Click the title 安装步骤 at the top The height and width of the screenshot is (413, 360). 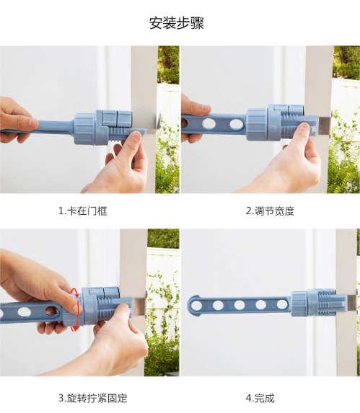(177, 23)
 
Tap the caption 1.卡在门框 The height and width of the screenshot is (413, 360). (83, 211)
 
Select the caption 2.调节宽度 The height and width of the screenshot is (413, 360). (270, 211)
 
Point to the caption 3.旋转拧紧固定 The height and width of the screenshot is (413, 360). (93, 398)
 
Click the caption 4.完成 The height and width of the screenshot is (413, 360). (260, 398)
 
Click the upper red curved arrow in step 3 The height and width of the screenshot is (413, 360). (74, 292)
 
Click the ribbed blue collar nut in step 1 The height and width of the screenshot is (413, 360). (84, 129)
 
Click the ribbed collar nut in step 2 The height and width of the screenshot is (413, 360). (256, 124)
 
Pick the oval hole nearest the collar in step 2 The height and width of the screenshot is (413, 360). (237, 124)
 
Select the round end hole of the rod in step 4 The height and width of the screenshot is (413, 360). (196, 306)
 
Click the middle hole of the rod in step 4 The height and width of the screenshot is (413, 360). (239, 305)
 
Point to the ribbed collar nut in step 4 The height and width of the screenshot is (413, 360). (299, 303)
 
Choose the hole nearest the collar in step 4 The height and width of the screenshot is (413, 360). (282, 304)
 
